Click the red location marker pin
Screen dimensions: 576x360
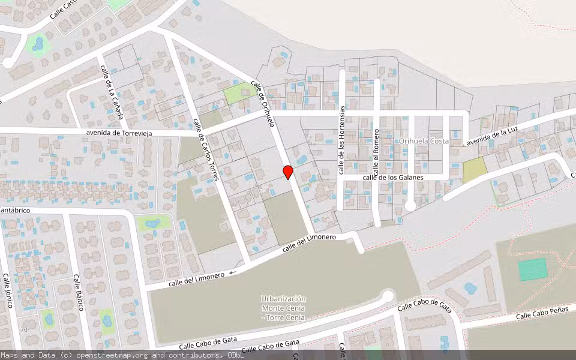pos(288,172)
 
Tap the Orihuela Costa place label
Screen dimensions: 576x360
pos(424,141)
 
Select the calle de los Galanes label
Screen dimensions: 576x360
pos(393,178)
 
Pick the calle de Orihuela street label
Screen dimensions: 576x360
pos(263,104)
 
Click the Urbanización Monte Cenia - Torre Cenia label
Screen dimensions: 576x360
pos(284,308)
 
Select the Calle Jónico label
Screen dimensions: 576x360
pos(8,291)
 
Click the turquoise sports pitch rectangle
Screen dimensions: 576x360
pos(533,269)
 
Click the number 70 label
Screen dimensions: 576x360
pos(24,330)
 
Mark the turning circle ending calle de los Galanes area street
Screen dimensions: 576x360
pos(410,206)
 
